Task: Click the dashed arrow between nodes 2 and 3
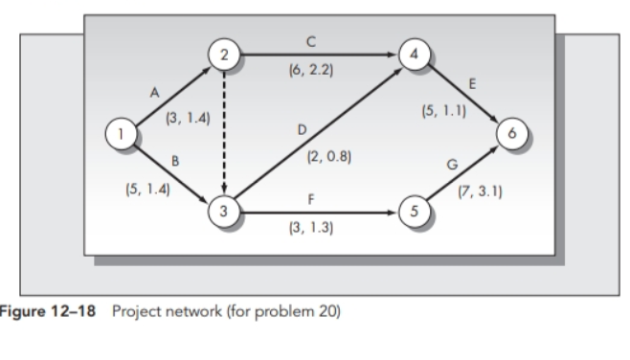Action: coord(224,134)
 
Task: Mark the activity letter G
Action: coord(451,166)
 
